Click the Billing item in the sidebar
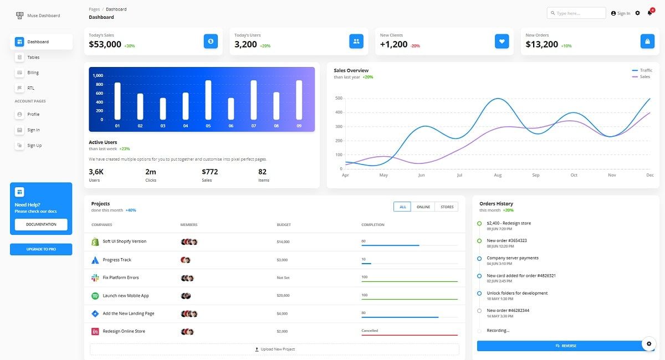(33, 73)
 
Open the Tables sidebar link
(33, 57)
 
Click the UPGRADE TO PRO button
(41, 249)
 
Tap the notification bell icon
(649, 13)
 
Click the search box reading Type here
(576, 13)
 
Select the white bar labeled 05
(208, 100)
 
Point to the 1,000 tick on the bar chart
(98, 75)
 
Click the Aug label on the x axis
(498, 175)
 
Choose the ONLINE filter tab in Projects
(423, 207)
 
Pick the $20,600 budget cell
(283, 296)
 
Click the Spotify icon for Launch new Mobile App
(95, 296)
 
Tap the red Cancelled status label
(370, 331)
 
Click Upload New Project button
(274, 349)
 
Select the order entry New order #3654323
(507, 240)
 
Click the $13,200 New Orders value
(541, 44)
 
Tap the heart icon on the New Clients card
(502, 41)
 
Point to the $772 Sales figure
(209, 172)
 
